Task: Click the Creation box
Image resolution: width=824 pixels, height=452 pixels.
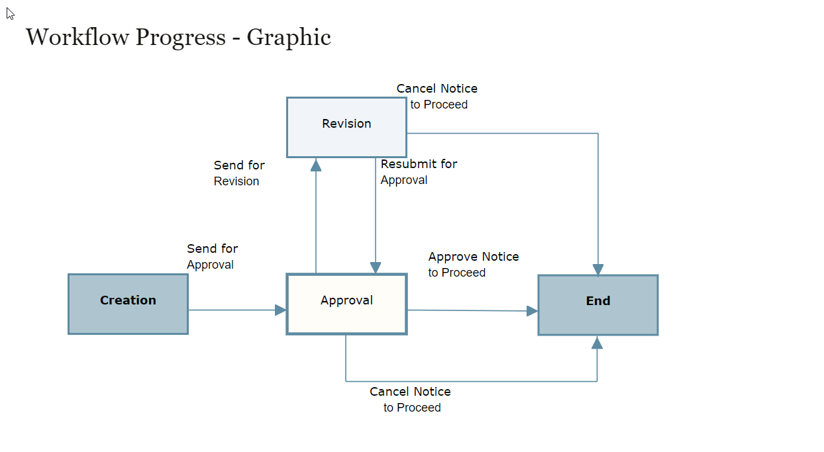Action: (x=128, y=304)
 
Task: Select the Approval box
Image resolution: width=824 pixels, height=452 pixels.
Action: (x=346, y=304)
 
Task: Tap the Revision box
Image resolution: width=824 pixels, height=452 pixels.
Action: (x=346, y=127)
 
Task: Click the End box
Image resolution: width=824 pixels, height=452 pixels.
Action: (x=597, y=304)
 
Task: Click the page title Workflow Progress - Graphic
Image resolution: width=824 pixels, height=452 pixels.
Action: (x=178, y=37)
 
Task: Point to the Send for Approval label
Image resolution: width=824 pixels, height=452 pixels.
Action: (x=212, y=257)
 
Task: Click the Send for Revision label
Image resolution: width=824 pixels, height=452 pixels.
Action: (x=238, y=173)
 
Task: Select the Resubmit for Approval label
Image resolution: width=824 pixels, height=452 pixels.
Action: (x=418, y=172)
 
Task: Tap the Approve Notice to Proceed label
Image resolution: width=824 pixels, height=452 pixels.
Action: (x=473, y=265)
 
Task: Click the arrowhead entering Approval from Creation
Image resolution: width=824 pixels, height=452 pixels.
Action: (x=281, y=310)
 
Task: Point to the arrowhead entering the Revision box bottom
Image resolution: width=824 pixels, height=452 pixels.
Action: (x=316, y=165)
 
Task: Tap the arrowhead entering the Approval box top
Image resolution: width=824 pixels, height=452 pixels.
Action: (x=376, y=267)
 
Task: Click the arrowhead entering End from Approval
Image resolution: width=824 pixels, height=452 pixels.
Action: (x=532, y=311)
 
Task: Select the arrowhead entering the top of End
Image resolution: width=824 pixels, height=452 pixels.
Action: (x=598, y=269)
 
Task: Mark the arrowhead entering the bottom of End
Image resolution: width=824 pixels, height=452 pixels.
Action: (x=597, y=343)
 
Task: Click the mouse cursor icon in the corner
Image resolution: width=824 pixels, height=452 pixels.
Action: (x=10, y=13)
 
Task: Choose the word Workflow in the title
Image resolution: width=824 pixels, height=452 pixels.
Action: (x=77, y=37)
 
